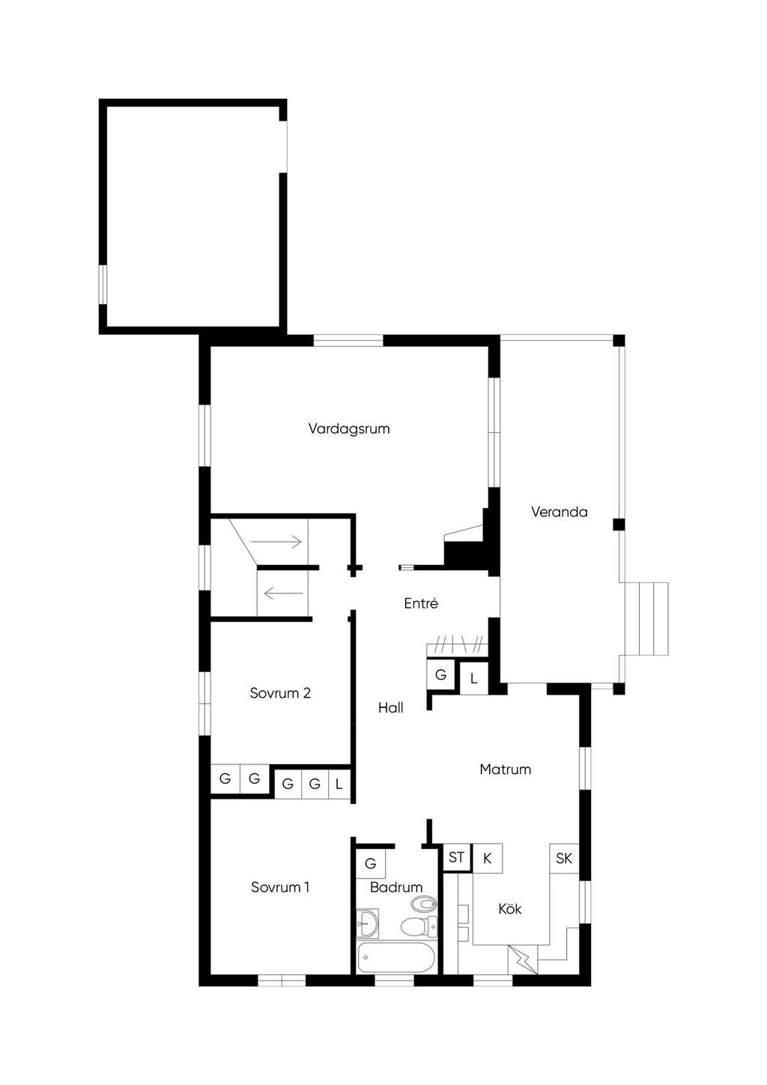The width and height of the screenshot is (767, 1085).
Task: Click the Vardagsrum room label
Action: (x=349, y=429)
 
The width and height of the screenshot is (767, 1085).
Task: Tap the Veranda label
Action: (x=560, y=512)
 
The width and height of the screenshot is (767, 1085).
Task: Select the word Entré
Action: (x=421, y=603)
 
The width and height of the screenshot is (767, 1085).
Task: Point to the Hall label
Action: (x=391, y=708)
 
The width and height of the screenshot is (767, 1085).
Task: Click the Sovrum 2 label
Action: (x=280, y=693)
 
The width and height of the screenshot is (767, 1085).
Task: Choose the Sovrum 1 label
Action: (x=280, y=887)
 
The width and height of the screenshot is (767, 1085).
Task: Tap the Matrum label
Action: (x=505, y=770)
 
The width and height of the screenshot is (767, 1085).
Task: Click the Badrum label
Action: (x=396, y=887)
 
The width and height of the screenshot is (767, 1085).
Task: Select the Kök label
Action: (x=510, y=909)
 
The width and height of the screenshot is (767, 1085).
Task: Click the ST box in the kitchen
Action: (x=457, y=858)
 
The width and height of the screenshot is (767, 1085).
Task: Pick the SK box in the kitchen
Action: (x=564, y=859)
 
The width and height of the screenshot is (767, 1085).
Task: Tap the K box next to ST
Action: (x=488, y=858)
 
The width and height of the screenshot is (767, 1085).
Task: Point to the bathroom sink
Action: (x=368, y=923)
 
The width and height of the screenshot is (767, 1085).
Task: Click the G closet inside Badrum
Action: (x=371, y=863)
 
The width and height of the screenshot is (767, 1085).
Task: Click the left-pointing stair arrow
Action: (x=284, y=592)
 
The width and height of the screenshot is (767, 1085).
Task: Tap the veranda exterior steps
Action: (x=646, y=619)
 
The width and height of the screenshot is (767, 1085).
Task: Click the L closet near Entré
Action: (x=473, y=679)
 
